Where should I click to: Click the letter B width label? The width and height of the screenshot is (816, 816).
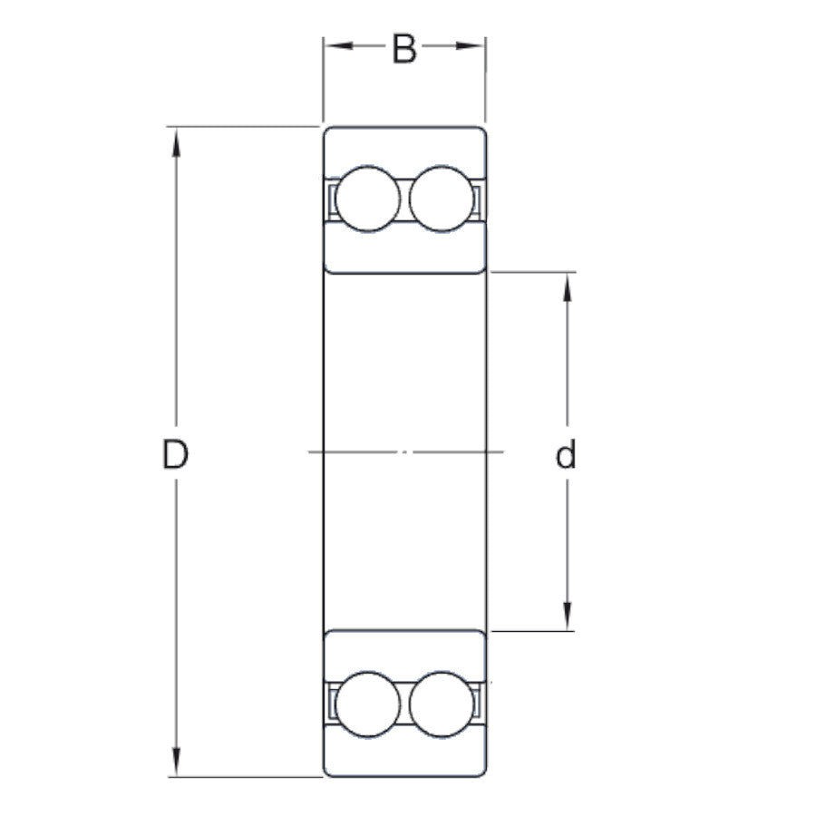404,49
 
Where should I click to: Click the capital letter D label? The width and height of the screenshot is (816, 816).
175,454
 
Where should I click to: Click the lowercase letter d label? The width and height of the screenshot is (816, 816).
567,455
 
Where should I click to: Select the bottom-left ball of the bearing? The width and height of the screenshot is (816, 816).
366,704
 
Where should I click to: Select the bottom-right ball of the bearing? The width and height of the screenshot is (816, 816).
442,704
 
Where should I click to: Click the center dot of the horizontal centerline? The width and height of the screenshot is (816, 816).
405,452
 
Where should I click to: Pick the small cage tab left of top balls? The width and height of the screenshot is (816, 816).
332,199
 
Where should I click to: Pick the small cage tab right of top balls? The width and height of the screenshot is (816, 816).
477,199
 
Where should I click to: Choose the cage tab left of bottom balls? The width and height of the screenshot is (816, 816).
332,704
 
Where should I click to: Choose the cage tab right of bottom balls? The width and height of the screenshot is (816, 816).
477,704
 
